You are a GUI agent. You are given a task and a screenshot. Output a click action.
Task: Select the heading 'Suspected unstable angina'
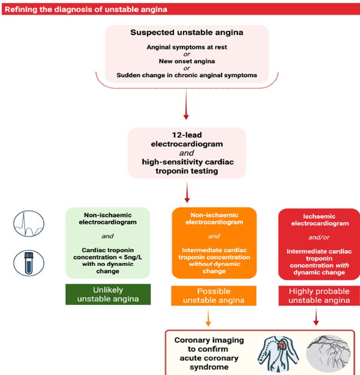point(186,32)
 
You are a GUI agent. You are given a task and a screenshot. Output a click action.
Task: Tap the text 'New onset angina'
point(186,61)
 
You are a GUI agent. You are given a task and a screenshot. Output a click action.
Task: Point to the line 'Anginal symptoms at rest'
point(186,47)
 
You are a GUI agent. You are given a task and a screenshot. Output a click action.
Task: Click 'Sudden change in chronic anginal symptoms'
point(186,75)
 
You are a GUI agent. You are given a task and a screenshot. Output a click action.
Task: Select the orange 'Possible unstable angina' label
point(214,296)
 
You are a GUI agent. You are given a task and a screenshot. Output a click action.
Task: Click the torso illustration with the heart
point(281,353)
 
